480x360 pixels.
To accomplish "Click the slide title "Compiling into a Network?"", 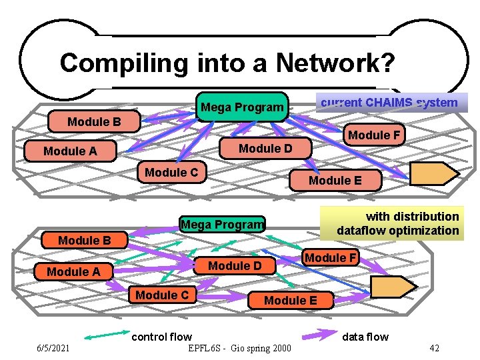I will pos(227,63).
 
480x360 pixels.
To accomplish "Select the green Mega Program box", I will pos(242,107).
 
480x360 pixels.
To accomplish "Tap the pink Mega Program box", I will pos(222,225).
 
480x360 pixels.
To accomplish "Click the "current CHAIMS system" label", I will pos(389,103).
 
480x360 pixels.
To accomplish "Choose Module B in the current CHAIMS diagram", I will pos(94,121).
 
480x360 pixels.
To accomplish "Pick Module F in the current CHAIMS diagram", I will pos(374,135).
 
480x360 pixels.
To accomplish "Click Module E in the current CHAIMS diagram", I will pos(335,180).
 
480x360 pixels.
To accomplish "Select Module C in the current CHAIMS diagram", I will pos(171,173).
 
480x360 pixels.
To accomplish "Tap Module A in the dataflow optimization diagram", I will pos(73,271).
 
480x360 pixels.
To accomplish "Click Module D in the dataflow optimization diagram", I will pos(235,266).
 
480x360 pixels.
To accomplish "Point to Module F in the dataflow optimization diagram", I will pos(330,257).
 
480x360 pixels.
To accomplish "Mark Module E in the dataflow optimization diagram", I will pos(291,300).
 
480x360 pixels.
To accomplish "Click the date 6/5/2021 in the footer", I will pos(57,348).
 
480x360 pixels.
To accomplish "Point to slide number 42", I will pos(434,348).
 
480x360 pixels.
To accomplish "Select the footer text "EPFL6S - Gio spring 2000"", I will pos(240,348).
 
